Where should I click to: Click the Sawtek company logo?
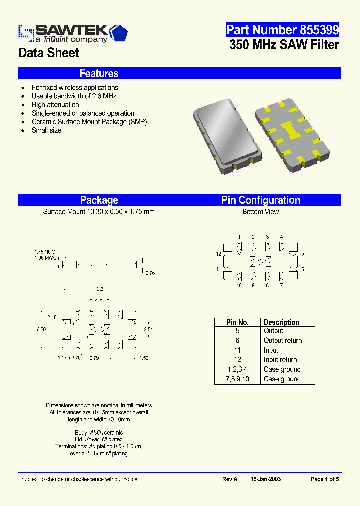[73, 33]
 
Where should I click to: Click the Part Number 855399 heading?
[282, 30]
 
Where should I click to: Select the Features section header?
[99, 74]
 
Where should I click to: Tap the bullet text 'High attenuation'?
[55, 105]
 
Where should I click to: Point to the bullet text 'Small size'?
[46, 130]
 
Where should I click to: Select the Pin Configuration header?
[261, 200]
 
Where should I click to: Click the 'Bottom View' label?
[260, 212]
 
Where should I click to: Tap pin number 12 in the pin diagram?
[218, 254]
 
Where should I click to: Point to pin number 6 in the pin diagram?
[302, 269]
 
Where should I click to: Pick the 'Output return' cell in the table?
[283, 340]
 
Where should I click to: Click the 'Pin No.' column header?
[237, 322]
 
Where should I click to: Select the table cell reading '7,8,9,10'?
[237, 379]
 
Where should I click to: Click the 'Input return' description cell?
[280, 360]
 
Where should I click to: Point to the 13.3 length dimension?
[99, 289]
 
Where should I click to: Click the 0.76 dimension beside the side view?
[149, 273]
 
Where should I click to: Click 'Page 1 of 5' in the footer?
[325, 479]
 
